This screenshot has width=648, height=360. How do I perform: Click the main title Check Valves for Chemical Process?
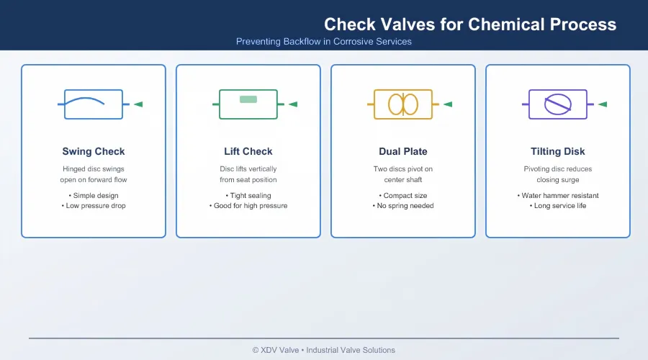click(470, 24)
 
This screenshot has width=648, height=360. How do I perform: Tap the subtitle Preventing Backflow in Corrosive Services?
click(323, 42)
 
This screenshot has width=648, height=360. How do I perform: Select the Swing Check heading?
click(94, 152)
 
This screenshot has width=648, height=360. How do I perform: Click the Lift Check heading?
click(248, 152)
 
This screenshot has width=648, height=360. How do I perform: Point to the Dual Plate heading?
click(403, 152)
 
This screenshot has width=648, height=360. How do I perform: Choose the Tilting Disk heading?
click(557, 152)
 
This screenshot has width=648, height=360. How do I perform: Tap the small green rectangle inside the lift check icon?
click(248, 99)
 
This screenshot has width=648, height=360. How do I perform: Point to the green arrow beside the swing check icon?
click(138, 104)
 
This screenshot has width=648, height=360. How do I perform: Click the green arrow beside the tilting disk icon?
click(603, 104)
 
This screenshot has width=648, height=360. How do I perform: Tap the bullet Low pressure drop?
click(94, 206)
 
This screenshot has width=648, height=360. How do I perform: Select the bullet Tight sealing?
click(248, 196)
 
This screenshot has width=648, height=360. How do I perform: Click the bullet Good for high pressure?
click(248, 206)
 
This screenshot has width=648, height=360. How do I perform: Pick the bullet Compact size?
click(403, 196)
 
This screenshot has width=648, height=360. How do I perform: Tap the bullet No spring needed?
click(403, 206)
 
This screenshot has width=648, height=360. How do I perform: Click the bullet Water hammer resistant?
click(557, 196)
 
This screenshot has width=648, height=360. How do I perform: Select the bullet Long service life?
click(557, 206)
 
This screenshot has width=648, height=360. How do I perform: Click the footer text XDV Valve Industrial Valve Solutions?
click(323, 350)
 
